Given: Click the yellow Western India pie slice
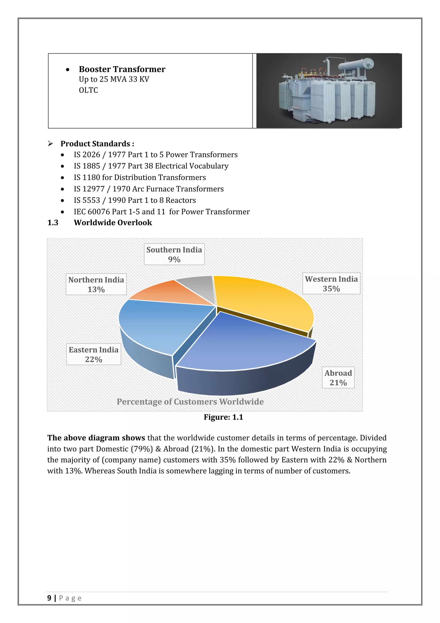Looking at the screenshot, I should tap(266, 301).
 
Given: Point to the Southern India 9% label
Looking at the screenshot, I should tap(174, 254).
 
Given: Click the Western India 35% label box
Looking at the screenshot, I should tap(331, 284).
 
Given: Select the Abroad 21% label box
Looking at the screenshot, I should tap(338, 378).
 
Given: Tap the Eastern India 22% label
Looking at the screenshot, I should tap(93, 354).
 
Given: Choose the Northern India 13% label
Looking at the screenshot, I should tap(96, 284).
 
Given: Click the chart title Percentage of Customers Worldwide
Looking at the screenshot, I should tap(190, 402).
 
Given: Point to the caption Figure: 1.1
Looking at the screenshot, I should tap(223, 417).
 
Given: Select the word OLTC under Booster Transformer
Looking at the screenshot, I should tap(88, 90).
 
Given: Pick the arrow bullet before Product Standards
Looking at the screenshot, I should tap(50, 143).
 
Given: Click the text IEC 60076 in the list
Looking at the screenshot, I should tap(92, 212).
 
